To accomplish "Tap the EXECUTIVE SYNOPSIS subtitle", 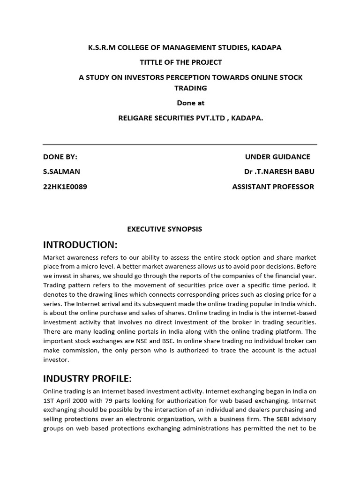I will point(165,229).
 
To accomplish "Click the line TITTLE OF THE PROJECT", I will point(181,62).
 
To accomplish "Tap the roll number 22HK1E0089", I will point(65,187).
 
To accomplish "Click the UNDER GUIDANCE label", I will point(277,157).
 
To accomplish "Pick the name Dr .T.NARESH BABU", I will point(276,172).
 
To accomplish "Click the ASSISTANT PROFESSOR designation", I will point(273,187).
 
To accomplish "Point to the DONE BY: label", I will point(60,157).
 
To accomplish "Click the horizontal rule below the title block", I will point(180,144).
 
